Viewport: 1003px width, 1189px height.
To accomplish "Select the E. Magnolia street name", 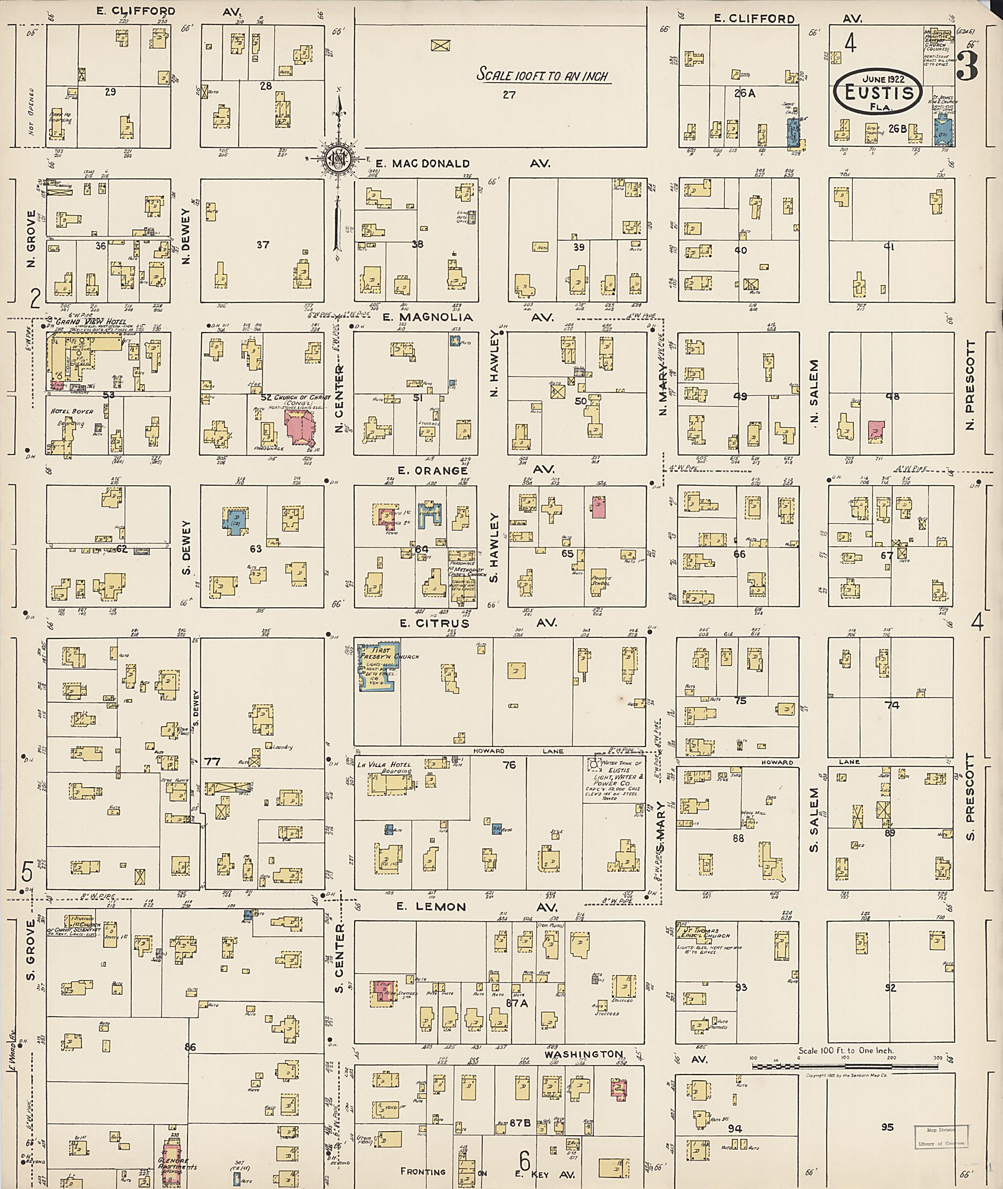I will coord(428,317).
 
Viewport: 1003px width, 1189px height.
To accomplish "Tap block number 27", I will coord(509,95).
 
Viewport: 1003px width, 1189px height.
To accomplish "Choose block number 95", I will coord(887,1127).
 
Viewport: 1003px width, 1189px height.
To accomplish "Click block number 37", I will coord(262,244).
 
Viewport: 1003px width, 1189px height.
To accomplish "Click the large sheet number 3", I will coord(966,67).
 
